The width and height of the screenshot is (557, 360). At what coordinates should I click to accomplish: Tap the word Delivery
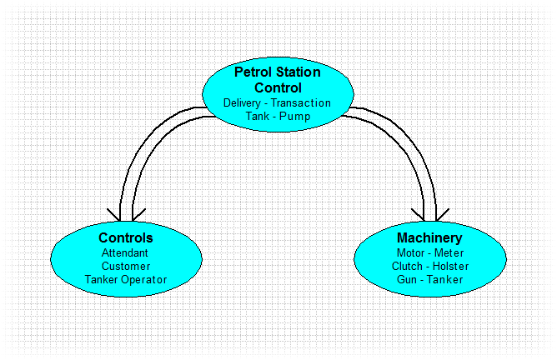coord(243,103)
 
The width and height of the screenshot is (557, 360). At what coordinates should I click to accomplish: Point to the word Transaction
coord(301,103)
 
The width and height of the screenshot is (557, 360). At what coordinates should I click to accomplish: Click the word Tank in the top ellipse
coord(258,116)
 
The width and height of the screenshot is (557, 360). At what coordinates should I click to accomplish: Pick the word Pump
coord(295,117)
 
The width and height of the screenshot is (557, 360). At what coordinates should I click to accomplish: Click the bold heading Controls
coord(126,237)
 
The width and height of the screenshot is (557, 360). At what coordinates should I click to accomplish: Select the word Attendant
coord(125,252)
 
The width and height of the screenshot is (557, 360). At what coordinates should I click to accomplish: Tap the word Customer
coord(126,267)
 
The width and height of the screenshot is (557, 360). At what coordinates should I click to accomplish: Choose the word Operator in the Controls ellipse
coord(144,280)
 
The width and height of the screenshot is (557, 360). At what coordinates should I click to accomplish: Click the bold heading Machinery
coord(429,237)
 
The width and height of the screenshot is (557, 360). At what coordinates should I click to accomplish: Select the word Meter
coord(449,252)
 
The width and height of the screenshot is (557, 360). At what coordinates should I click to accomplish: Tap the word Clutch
coord(407,267)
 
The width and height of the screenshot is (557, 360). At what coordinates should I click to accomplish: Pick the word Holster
coord(451,267)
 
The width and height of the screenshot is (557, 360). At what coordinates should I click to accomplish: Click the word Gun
coord(407,279)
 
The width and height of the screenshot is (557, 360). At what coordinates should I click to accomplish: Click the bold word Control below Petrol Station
coord(278,87)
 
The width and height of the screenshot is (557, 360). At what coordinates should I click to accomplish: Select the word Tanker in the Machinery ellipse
coord(445,279)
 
